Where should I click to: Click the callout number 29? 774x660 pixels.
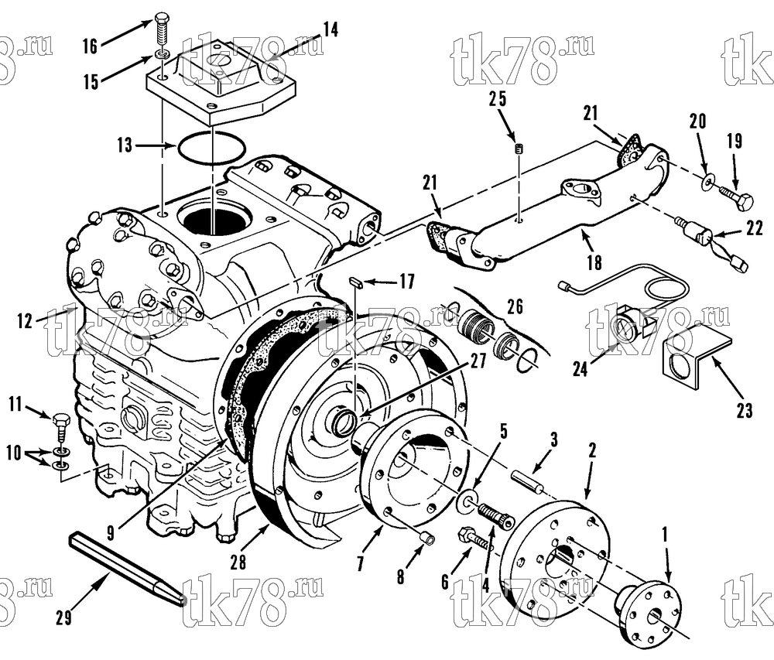pyautogui.click(x=63, y=617)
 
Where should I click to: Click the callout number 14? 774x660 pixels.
pyautogui.click(x=330, y=29)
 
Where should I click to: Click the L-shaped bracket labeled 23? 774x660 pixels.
pyautogui.click(x=696, y=356)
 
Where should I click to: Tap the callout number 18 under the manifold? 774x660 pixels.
pyautogui.click(x=594, y=262)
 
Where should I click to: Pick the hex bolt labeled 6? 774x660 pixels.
pyautogui.click(x=476, y=539)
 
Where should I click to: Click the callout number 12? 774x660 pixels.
pyautogui.click(x=25, y=321)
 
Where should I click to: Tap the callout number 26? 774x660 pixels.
pyautogui.click(x=515, y=307)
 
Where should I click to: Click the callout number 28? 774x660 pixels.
pyautogui.click(x=238, y=563)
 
